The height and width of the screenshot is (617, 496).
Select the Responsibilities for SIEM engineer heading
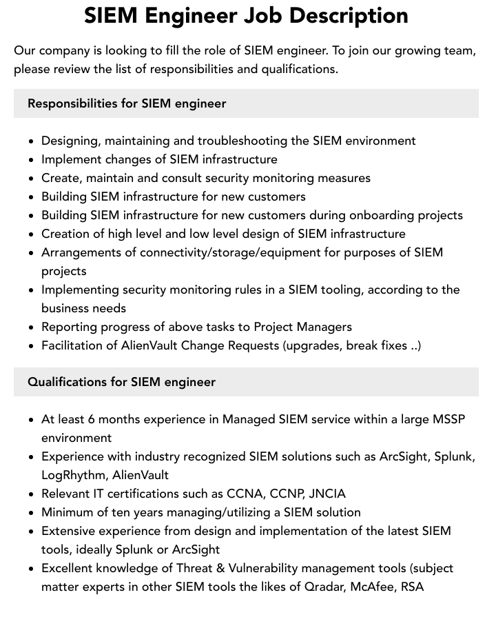[127, 103]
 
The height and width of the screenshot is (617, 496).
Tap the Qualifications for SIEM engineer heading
[121, 382]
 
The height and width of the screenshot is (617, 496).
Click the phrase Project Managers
[303, 327]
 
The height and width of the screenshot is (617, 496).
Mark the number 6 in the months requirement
[92, 419]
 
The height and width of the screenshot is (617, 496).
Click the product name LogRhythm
[74, 475]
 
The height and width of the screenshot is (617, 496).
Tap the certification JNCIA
[327, 494]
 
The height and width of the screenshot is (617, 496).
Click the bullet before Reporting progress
[32, 327]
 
